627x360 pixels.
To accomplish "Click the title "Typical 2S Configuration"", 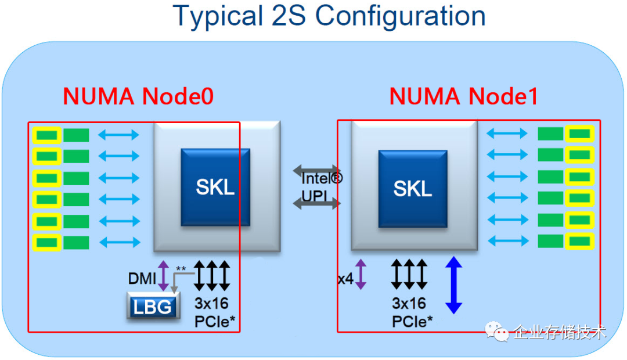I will click(329, 16).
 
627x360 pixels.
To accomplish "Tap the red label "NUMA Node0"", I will click(138, 96).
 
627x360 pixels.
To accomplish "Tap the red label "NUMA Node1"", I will click(463, 96).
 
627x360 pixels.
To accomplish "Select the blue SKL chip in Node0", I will click(215, 187).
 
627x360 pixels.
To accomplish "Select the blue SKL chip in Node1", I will click(413, 188).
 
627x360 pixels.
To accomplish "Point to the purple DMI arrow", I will click(164, 275).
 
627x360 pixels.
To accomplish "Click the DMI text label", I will click(142, 279).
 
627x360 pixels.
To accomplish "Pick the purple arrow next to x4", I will click(361, 275).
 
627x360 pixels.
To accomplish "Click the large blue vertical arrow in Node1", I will click(453, 286).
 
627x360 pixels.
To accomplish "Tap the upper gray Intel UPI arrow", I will click(316, 171).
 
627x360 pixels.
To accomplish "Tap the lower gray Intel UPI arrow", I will click(316, 203).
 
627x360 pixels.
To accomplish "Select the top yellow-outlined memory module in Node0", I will click(47, 135).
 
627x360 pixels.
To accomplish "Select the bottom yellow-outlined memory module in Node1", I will click(579, 240).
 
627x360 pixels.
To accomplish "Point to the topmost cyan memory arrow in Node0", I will click(118, 135).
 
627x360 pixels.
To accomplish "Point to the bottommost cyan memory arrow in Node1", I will click(507, 240).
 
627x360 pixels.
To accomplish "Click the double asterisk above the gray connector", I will click(181, 269).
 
